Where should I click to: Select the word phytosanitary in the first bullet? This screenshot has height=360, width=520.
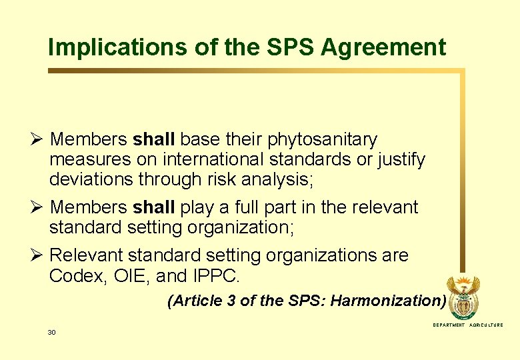click(322, 140)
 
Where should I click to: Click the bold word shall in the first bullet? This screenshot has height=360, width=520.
click(154, 140)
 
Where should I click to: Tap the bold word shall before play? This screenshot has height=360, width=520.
click(154, 207)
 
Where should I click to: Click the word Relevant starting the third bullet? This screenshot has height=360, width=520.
click(86, 255)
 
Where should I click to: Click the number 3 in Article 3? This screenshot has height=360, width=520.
click(231, 301)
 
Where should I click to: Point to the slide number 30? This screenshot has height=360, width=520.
click(51, 332)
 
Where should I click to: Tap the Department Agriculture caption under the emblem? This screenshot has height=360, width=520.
click(468, 325)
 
